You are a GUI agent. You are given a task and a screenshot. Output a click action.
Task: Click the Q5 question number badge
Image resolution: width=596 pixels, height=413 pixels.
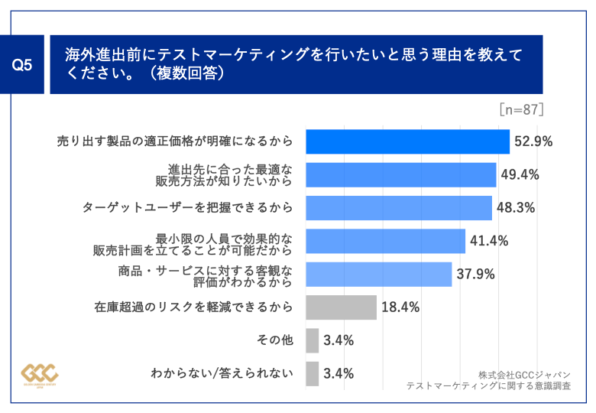point(24,65)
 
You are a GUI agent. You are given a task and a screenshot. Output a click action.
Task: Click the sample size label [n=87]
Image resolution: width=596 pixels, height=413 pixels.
point(522,109)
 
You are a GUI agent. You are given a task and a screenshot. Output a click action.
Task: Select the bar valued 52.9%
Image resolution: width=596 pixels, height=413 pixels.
point(407,141)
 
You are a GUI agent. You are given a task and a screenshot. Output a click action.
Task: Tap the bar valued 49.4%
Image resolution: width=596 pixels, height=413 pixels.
point(400,174)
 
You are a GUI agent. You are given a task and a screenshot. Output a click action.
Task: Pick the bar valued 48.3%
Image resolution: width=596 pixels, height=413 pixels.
point(398,207)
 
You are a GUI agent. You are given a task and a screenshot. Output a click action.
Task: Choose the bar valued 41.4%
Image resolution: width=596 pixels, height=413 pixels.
point(385,241)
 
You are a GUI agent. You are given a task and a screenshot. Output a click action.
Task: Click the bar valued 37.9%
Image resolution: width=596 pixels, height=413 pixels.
point(378,274)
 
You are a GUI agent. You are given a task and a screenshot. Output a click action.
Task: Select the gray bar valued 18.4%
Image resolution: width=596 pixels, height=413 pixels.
point(341,307)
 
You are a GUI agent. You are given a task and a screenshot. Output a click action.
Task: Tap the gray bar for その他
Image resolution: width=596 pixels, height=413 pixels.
point(312,340)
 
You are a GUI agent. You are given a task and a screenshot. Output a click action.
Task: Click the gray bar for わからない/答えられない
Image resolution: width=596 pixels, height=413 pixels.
point(312,374)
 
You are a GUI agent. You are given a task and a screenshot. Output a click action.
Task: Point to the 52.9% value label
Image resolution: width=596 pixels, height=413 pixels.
point(533,141)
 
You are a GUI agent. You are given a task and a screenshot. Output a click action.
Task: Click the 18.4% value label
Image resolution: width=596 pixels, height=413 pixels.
point(400,307)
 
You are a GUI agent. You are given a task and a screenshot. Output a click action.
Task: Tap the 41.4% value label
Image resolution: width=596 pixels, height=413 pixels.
point(489,241)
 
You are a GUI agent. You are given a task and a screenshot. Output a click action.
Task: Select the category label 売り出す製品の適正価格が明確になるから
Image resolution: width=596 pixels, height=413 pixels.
point(175,141)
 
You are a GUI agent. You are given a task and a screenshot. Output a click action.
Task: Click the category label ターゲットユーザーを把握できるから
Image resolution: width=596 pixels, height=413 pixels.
point(187,207)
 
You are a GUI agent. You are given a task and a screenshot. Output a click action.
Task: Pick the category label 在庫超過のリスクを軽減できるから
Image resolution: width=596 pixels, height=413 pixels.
point(193,307)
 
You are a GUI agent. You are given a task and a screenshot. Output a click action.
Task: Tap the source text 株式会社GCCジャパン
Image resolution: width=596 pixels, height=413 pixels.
point(525,375)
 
